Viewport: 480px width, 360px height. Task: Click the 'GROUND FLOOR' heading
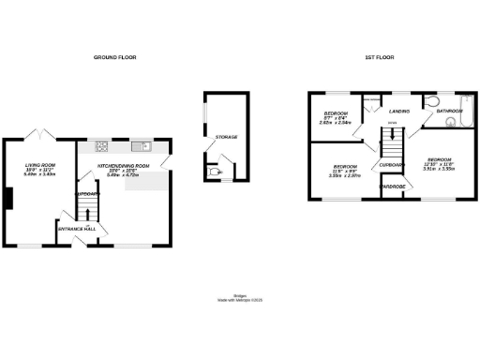pos(115,58)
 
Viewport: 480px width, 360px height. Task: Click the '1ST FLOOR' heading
pos(378,58)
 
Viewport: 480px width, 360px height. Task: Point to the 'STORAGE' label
pos(226,137)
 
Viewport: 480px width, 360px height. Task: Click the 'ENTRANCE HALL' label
pos(77,229)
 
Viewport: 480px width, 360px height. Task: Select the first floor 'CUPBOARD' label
pos(391,165)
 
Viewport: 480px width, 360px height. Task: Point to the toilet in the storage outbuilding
pos(213,171)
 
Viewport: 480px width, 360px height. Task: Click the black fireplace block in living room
pos(8,200)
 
